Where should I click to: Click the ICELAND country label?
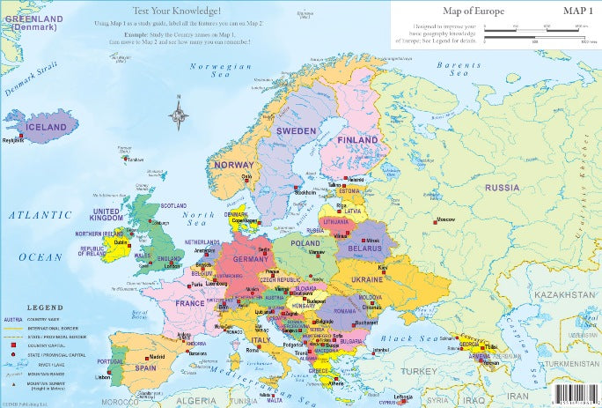tap(46, 127)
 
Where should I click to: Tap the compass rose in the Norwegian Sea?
tap(180, 114)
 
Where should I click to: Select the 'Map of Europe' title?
tap(450, 11)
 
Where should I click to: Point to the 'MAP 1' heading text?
tap(578, 11)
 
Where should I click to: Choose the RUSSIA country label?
tap(503, 188)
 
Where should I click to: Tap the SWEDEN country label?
tap(296, 130)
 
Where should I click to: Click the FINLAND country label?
tap(358, 139)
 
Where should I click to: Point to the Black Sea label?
tap(410, 338)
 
